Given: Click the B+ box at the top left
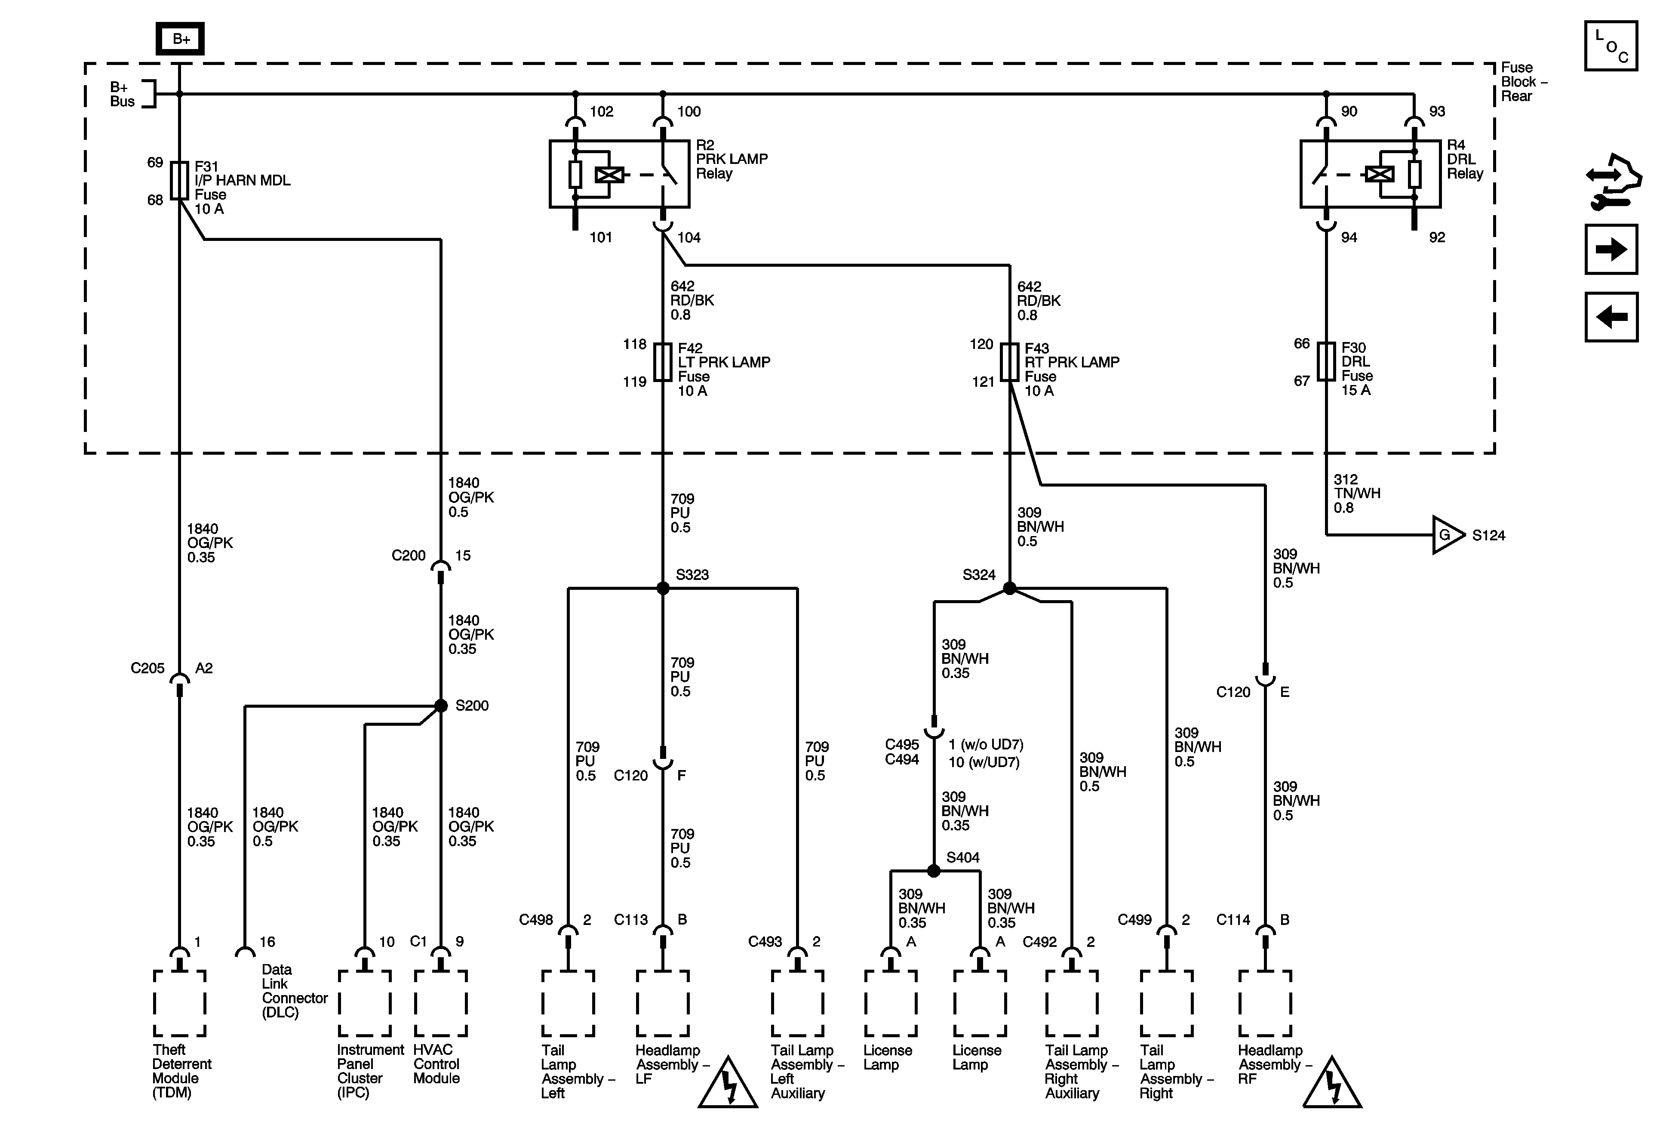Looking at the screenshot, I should tap(180, 39).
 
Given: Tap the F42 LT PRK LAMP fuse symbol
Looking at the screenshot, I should tap(663, 362).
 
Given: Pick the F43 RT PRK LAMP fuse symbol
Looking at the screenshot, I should tap(1009, 362).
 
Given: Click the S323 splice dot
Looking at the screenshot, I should tap(663, 588).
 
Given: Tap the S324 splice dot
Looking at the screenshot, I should tap(1009, 588).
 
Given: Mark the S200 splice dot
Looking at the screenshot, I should tap(441, 706).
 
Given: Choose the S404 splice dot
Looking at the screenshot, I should tap(933, 871).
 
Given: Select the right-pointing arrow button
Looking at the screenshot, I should tap(1611, 250).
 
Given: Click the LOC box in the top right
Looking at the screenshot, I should tap(1611, 46).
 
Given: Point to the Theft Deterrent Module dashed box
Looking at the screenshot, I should tap(179, 1003).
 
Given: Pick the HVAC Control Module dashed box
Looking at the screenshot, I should tap(441, 1003).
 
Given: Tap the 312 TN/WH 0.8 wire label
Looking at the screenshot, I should tap(1356, 493).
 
